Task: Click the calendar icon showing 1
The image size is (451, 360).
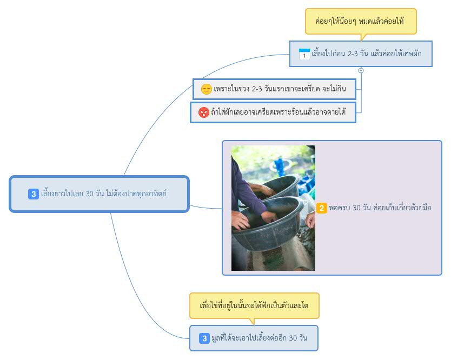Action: (304, 54)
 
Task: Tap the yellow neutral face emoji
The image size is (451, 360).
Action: (206, 89)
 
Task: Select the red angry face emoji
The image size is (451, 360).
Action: (204, 112)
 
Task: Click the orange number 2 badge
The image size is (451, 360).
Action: (322, 208)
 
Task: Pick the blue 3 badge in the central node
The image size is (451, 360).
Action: (34, 194)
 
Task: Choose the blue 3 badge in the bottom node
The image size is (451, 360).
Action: (204, 338)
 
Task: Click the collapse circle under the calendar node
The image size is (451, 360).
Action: (361, 70)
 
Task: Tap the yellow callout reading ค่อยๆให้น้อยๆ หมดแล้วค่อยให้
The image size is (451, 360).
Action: (361, 21)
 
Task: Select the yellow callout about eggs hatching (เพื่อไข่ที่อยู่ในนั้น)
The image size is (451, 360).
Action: (254, 305)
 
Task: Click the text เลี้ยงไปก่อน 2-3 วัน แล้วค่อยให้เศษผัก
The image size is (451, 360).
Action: (367, 54)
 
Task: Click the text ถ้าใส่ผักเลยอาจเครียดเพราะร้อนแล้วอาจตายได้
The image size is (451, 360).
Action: (278, 112)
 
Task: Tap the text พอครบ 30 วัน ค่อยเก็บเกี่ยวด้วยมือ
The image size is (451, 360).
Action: (380, 208)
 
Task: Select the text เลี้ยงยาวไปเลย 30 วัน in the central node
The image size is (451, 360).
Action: (72, 194)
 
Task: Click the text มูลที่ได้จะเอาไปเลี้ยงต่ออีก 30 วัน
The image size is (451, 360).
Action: (260, 338)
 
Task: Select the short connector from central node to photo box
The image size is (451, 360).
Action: (205, 208)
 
